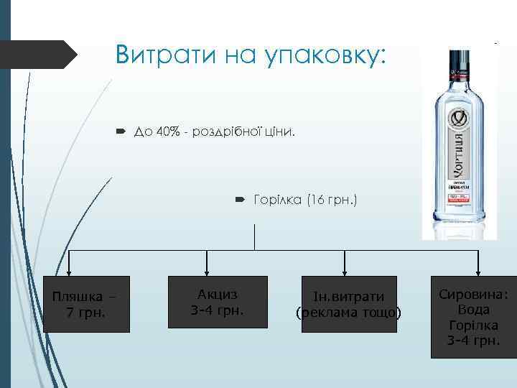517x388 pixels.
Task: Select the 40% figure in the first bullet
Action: (162, 132)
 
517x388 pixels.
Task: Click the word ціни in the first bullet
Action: (277, 132)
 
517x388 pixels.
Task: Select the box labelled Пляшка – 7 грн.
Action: (86, 304)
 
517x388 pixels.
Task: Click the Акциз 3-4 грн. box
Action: (217, 302)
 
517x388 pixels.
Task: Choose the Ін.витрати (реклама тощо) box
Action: (348, 304)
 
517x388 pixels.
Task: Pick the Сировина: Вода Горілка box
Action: (473, 316)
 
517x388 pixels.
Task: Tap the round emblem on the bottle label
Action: (459, 117)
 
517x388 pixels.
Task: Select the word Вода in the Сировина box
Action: (473, 310)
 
